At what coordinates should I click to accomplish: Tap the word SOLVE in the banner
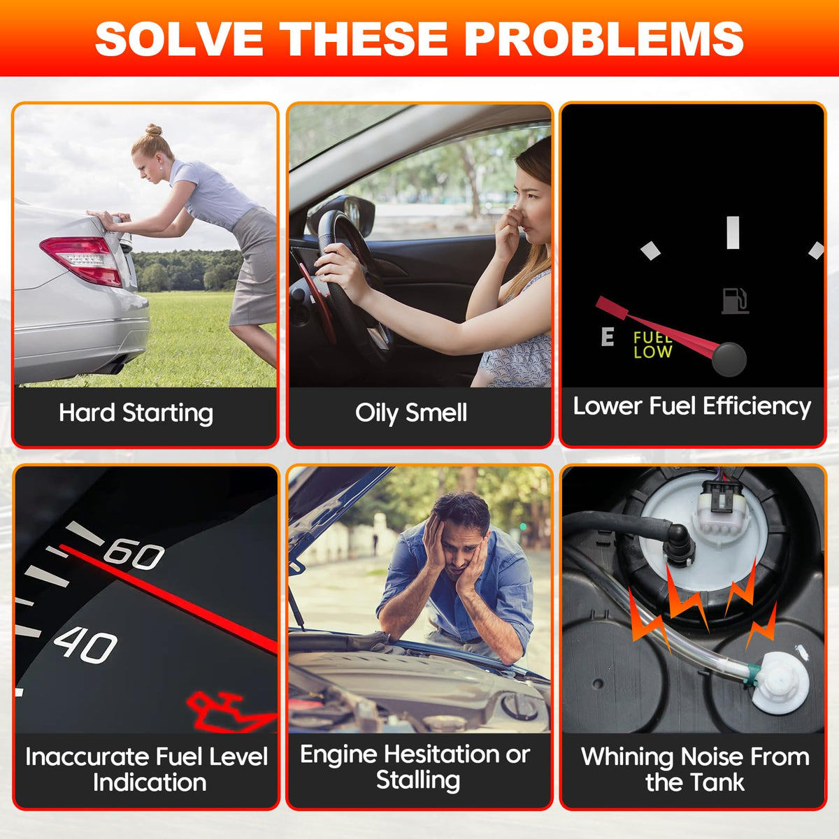pos(179,38)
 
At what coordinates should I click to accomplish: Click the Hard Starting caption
pos(136,413)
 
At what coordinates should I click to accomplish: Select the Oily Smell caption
pos(411,413)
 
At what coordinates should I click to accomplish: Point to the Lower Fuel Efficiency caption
pos(692,407)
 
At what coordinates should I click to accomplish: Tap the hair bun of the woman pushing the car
pos(153,129)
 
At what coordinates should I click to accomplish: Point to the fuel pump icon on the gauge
pos(736,301)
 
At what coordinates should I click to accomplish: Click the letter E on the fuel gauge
pos(608,336)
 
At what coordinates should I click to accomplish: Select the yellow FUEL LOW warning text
pos(652,345)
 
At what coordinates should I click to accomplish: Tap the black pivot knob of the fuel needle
pos(729,359)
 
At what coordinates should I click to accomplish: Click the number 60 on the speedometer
pos(134,554)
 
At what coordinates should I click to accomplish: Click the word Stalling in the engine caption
pos(418,780)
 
